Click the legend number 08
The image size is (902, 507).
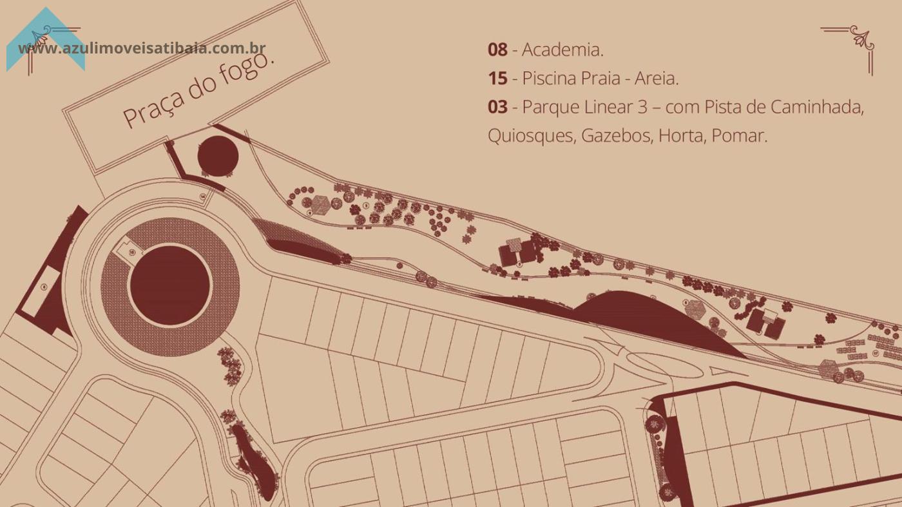click(x=497, y=50)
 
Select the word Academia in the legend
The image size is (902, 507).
click(x=562, y=50)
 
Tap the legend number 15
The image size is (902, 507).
click(x=497, y=79)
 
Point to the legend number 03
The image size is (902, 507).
click(x=497, y=107)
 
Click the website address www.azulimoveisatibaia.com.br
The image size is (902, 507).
click(x=142, y=48)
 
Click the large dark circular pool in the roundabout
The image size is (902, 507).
click(x=170, y=285)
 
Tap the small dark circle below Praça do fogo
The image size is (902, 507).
click(x=218, y=155)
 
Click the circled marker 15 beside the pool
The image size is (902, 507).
click(x=131, y=253)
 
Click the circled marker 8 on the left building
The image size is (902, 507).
click(x=44, y=287)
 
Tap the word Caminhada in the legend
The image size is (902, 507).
click(x=816, y=107)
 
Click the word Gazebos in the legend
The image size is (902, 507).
click(x=615, y=136)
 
